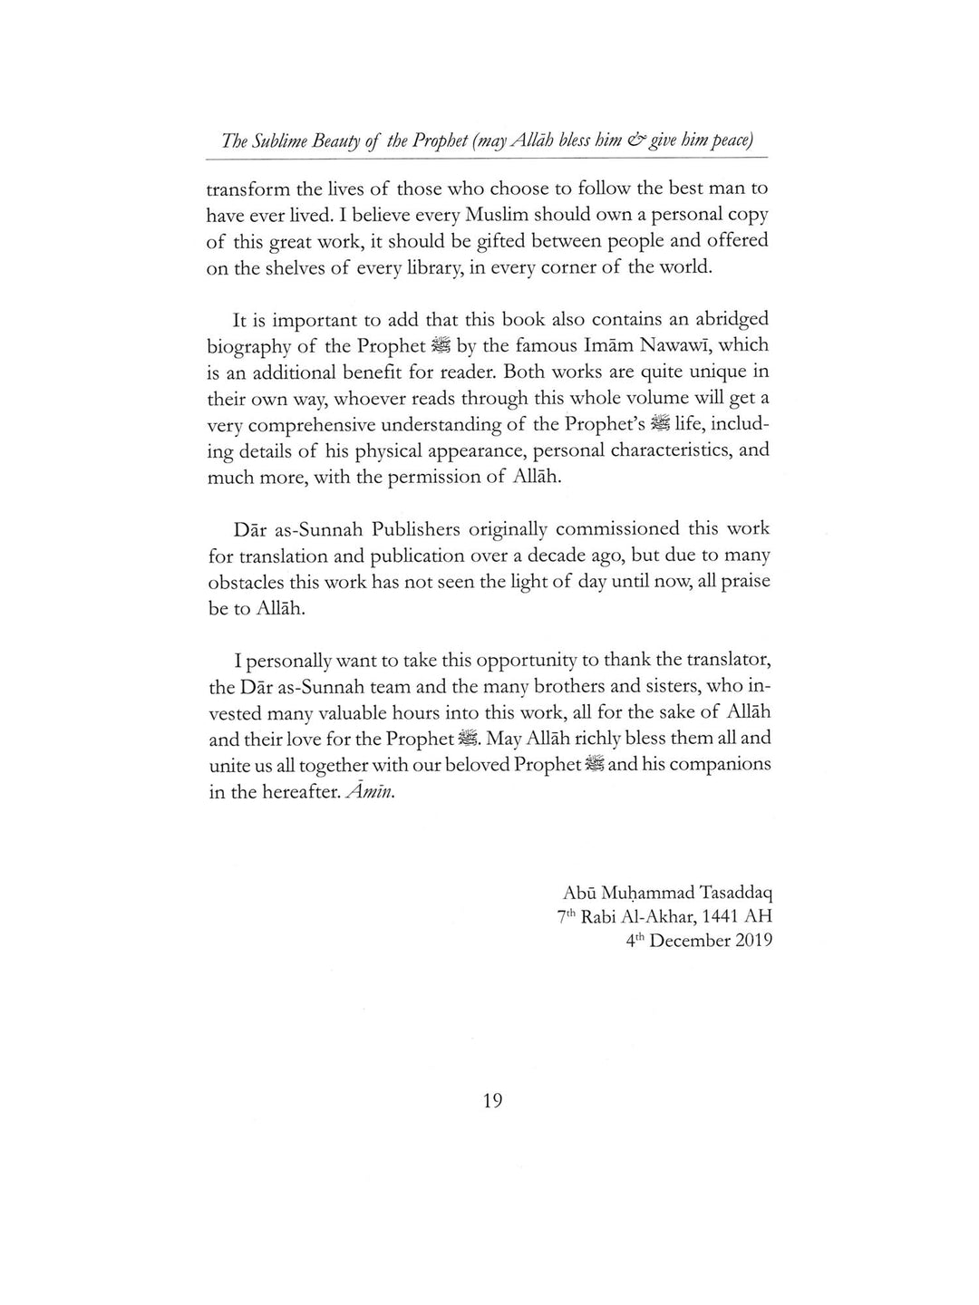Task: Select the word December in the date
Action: click(x=691, y=941)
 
